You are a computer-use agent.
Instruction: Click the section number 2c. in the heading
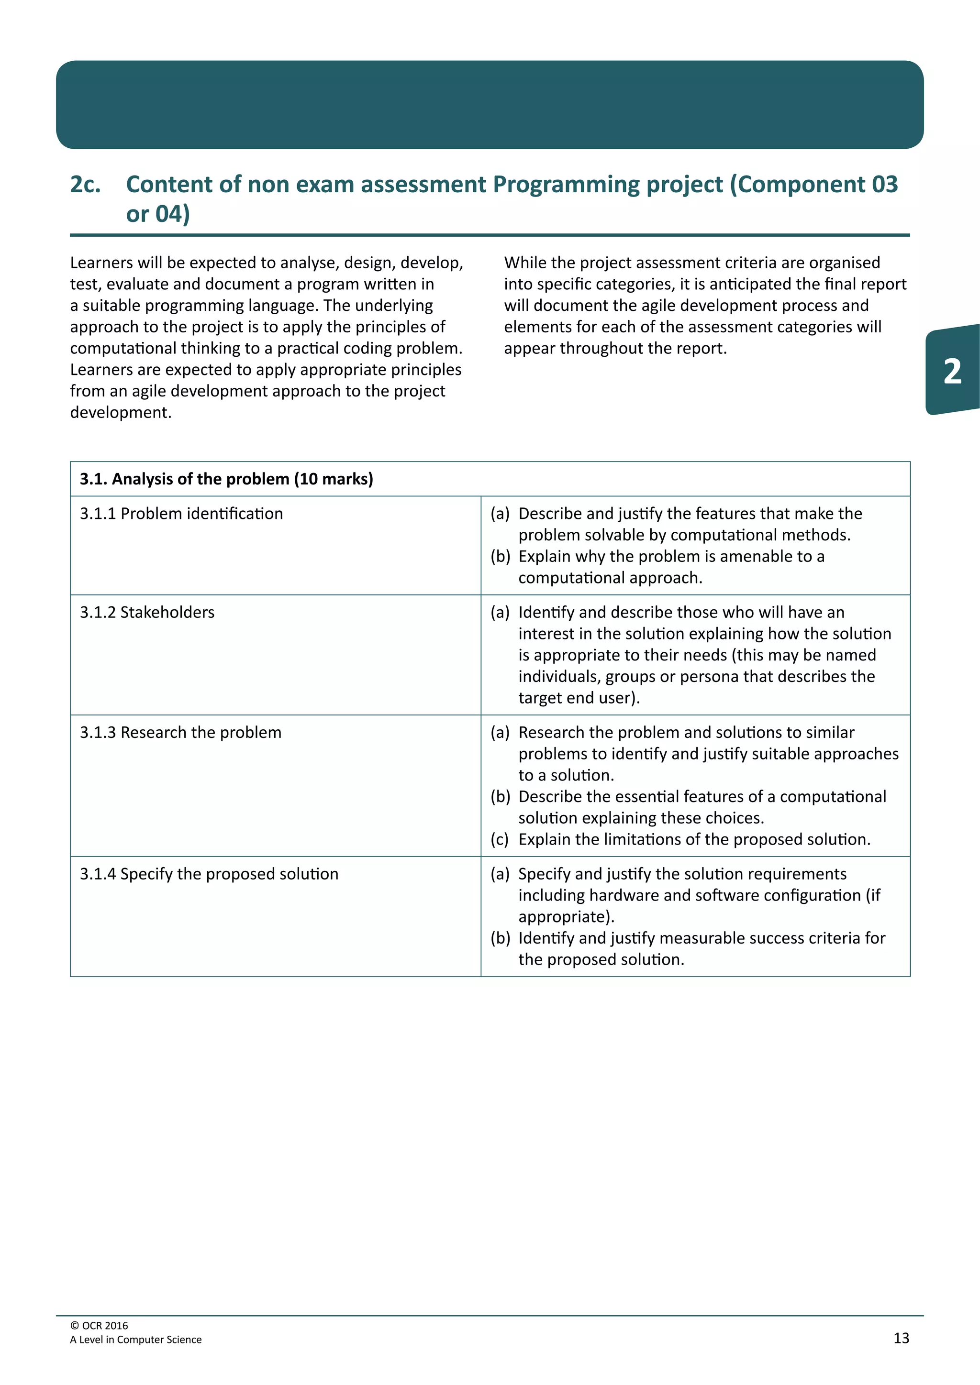pos(85,185)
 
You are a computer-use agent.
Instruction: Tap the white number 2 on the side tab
pos(952,371)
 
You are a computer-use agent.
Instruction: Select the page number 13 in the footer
pos(901,1338)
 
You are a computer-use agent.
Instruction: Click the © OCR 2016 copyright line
pos(99,1325)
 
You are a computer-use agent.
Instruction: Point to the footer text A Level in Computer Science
pos(136,1339)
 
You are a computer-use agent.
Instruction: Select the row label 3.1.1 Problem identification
pos(181,513)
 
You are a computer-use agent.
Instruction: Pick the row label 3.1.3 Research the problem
pos(180,732)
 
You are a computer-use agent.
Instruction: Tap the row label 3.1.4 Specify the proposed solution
pos(209,874)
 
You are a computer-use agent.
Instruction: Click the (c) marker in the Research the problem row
pos(500,840)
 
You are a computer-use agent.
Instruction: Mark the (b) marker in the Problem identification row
pos(500,556)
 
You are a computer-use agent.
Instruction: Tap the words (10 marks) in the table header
pos(334,479)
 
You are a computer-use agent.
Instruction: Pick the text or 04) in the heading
pos(158,214)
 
